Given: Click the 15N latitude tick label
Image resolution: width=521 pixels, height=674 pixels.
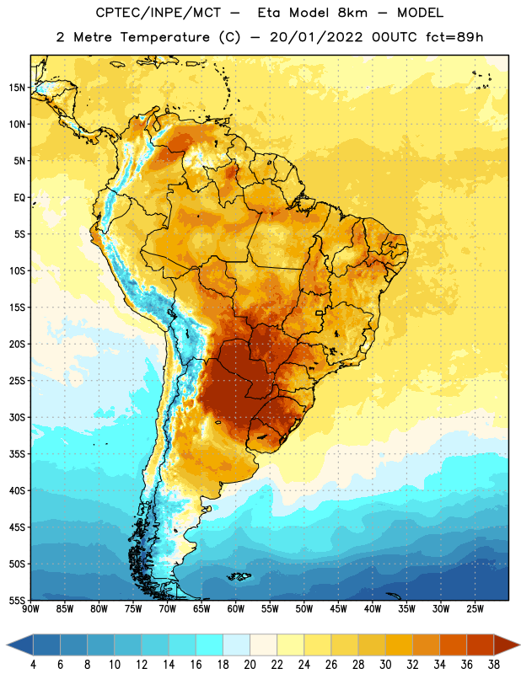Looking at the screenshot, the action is pyautogui.click(x=17, y=88).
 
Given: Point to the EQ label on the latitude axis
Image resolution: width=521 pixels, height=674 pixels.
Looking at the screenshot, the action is pyautogui.click(x=19, y=198).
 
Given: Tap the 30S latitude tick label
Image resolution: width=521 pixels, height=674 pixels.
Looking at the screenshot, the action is pyautogui.click(x=17, y=417).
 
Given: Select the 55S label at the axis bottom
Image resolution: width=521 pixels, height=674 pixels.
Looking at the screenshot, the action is pyautogui.click(x=17, y=601).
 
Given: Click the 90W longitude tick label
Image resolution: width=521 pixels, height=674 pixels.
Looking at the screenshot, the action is pyautogui.click(x=30, y=609).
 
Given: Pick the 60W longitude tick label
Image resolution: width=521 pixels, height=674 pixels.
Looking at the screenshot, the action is pyautogui.click(x=236, y=609).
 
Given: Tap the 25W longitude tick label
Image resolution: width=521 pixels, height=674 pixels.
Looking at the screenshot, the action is pyautogui.click(x=475, y=609).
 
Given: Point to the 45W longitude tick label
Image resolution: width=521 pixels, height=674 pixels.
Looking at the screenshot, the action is pyautogui.click(x=338, y=609).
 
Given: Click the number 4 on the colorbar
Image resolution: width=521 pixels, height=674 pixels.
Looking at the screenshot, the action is pyautogui.click(x=33, y=665).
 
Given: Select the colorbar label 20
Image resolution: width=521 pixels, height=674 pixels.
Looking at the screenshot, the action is pyautogui.click(x=250, y=665).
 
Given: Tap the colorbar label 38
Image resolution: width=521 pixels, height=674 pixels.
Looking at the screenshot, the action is pyautogui.click(x=494, y=665).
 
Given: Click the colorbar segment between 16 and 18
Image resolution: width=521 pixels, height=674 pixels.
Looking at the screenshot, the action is pyautogui.click(x=210, y=645).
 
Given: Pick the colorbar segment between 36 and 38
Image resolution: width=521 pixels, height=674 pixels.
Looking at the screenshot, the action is pyautogui.click(x=481, y=645).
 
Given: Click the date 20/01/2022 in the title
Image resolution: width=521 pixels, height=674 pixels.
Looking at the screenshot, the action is pyautogui.click(x=316, y=37).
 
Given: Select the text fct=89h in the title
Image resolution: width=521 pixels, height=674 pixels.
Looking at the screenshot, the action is pyautogui.click(x=454, y=37).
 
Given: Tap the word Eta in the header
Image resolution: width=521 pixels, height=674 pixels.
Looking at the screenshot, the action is pyautogui.click(x=269, y=13).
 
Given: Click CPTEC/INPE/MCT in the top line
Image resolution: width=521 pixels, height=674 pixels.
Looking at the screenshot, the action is pyautogui.click(x=158, y=13).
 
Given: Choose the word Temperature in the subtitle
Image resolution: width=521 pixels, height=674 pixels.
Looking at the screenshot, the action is pyautogui.click(x=164, y=37).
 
